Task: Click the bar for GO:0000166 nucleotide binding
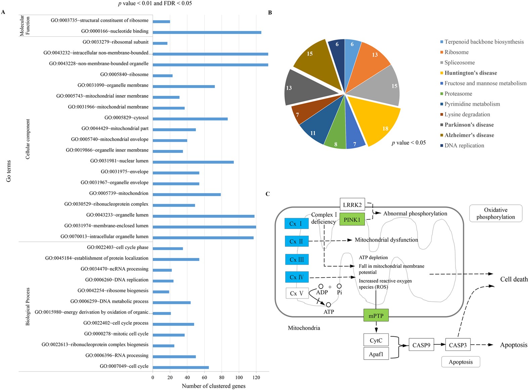coord(207,32)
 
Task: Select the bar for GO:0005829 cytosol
coord(190,119)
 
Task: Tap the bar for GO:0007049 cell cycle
coord(181,367)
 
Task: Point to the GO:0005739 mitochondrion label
coord(119,193)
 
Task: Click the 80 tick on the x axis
coord(222,378)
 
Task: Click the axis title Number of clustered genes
coord(214,386)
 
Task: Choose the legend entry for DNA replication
coord(464,146)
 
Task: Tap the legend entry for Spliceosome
coord(459,63)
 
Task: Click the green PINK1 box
coord(352,220)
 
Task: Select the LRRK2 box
coord(352,204)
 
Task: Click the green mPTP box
coord(376,315)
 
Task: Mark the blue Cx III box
coord(297,260)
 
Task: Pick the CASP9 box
coord(421,345)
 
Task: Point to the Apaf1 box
coord(376,354)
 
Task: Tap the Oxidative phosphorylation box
coord(495,213)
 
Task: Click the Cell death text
coord(514,279)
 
